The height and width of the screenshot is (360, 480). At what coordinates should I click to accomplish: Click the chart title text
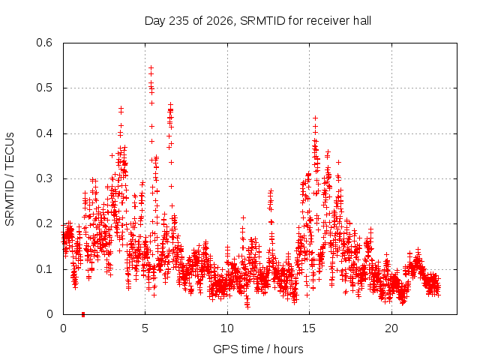tap(258, 21)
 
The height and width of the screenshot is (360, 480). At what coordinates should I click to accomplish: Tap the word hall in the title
tap(362, 21)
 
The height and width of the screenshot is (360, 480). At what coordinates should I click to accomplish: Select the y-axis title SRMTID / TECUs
tap(10, 178)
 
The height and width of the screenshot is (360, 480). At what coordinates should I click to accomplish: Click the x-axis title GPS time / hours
tap(258, 349)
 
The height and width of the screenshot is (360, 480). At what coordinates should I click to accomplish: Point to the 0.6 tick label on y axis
tap(44, 43)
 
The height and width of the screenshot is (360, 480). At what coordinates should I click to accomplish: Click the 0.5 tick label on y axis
tap(44, 88)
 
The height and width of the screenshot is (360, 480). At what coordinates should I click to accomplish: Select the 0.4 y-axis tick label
tap(44, 133)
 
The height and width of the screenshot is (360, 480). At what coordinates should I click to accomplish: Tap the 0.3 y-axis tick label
tap(44, 178)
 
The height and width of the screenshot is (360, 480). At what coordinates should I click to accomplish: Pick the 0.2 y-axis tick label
tap(44, 223)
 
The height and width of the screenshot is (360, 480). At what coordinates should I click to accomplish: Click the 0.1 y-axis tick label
tap(44, 269)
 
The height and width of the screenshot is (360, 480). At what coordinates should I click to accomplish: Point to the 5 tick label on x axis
tap(145, 328)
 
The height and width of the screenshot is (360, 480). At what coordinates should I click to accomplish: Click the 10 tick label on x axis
tap(227, 328)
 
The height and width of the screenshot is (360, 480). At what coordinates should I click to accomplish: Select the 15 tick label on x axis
tap(309, 328)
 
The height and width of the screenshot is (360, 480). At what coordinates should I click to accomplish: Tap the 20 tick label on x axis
tap(391, 328)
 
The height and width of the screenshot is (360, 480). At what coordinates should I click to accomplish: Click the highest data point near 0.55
tap(151, 67)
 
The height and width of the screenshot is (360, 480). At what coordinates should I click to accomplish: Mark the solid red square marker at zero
tap(83, 314)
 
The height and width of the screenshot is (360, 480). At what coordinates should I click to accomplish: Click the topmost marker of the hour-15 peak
tap(315, 118)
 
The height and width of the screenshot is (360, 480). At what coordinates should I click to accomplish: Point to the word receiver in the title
tap(328, 21)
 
